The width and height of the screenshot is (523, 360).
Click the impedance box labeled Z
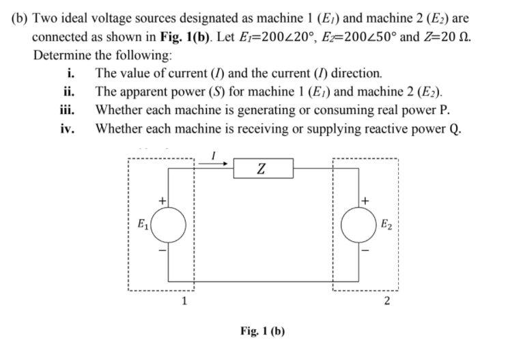pos(263,168)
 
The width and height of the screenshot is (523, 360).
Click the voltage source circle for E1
pos(168,226)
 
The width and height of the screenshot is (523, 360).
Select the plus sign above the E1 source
pos(162,201)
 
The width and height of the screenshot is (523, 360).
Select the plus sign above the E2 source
pos(367,201)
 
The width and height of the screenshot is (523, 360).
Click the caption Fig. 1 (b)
pos(262,331)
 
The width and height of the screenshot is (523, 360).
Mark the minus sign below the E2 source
pos(367,250)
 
